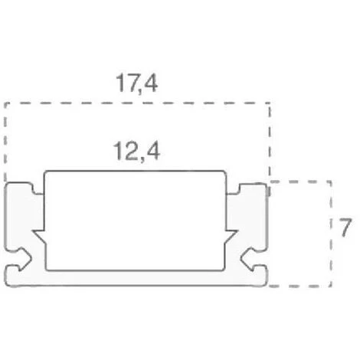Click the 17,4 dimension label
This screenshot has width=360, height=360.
pyautogui.click(x=137, y=83)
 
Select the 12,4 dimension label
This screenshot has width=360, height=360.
pyautogui.click(x=136, y=152)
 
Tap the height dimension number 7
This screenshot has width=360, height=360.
pyautogui.click(x=345, y=227)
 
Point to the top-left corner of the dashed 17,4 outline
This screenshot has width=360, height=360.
pyautogui.click(x=5, y=103)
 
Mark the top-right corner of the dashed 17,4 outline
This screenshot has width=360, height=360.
pyautogui.click(x=270, y=103)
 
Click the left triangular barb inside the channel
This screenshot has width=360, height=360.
pyautogui.click(x=40, y=236)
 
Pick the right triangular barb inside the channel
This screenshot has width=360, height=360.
pyautogui.click(x=231, y=236)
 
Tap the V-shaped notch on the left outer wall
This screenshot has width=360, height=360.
pyautogui.click(x=24, y=258)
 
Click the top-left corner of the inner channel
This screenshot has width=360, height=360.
pyautogui.click(x=45, y=172)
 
